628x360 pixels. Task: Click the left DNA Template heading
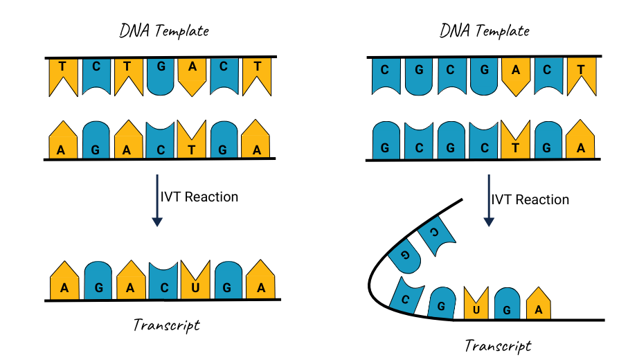[x=164, y=31]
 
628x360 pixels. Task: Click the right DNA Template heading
[x=485, y=31]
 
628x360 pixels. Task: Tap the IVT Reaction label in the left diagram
[x=199, y=197]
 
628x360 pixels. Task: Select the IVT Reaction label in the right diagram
[x=530, y=199]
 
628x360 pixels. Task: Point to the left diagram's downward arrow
[x=157, y=200]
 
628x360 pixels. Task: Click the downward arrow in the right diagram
[x=489, y=200]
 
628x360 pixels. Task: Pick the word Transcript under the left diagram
[x=167, y=325]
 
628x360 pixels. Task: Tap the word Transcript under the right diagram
[x=499, y=346]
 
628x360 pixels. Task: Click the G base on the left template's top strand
[x=161, y=76]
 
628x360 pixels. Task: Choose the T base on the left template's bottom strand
[x=191, y=139]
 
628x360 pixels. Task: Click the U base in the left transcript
[x=195, y=280]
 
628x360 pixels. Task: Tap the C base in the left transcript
[x=163, y=280]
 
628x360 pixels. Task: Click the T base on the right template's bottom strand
[x=515, y=139]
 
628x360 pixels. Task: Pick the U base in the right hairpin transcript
[x=476, y=303]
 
